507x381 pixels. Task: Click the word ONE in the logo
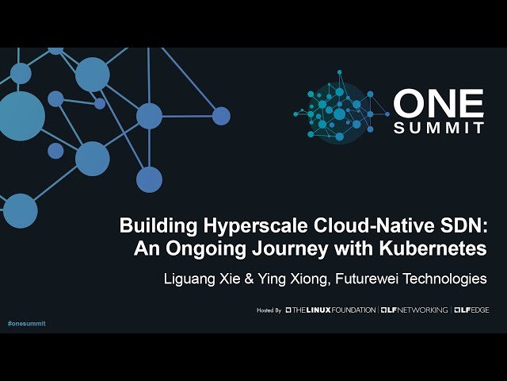438,104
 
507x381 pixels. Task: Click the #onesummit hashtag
26,324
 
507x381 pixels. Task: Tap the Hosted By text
269,310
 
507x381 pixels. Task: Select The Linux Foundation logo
330,310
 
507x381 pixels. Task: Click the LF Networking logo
414,310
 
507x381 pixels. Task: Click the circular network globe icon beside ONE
341,111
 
